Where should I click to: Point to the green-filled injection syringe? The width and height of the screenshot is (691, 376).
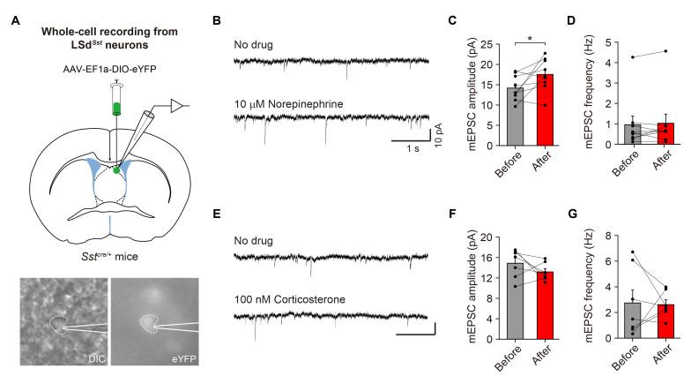tap(116, 108)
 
